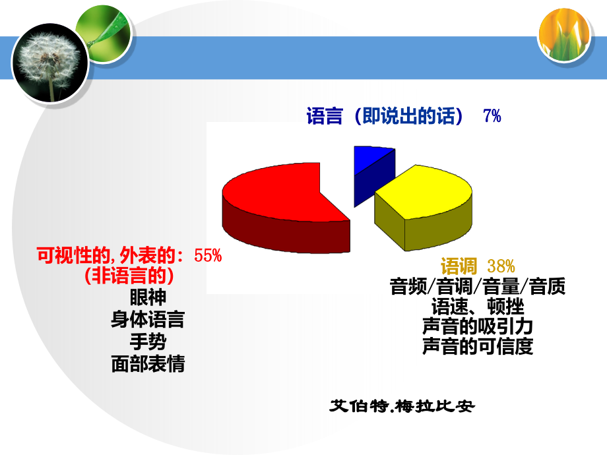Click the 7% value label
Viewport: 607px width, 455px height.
coord(492,117)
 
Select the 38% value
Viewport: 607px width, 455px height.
coord(501,267)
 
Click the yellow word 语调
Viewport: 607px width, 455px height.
coord(459,267)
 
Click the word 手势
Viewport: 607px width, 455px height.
coord(148,342)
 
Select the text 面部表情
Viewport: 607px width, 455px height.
coord(148,364)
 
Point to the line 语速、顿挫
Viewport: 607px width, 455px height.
coord(477,307)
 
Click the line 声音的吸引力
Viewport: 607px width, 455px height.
coord(477,326)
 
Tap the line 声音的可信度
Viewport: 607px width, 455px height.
coord(477,347)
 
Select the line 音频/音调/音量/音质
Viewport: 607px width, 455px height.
coord(477,287)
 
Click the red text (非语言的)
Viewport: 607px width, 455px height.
coord(129,275)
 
